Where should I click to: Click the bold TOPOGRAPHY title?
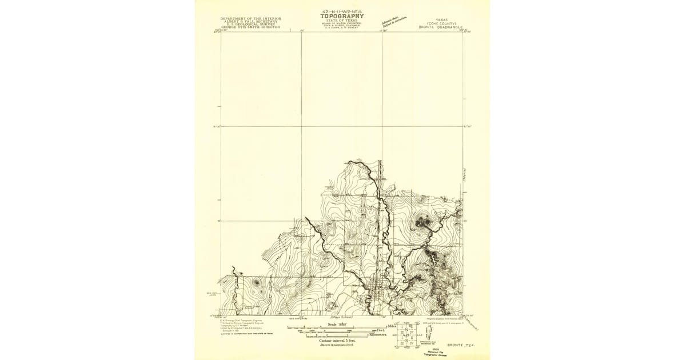click(342, 16)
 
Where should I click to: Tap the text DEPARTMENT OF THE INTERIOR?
click(250, 18)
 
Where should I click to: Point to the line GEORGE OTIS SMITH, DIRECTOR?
click(250, 27)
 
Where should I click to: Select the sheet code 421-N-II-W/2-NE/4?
click(342, 11)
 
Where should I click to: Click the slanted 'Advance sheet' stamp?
click(394, 21)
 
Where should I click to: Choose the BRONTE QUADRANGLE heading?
click(443, 27)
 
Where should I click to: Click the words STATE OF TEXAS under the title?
click(342, 20)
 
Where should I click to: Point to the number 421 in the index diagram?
click(406, 335)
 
